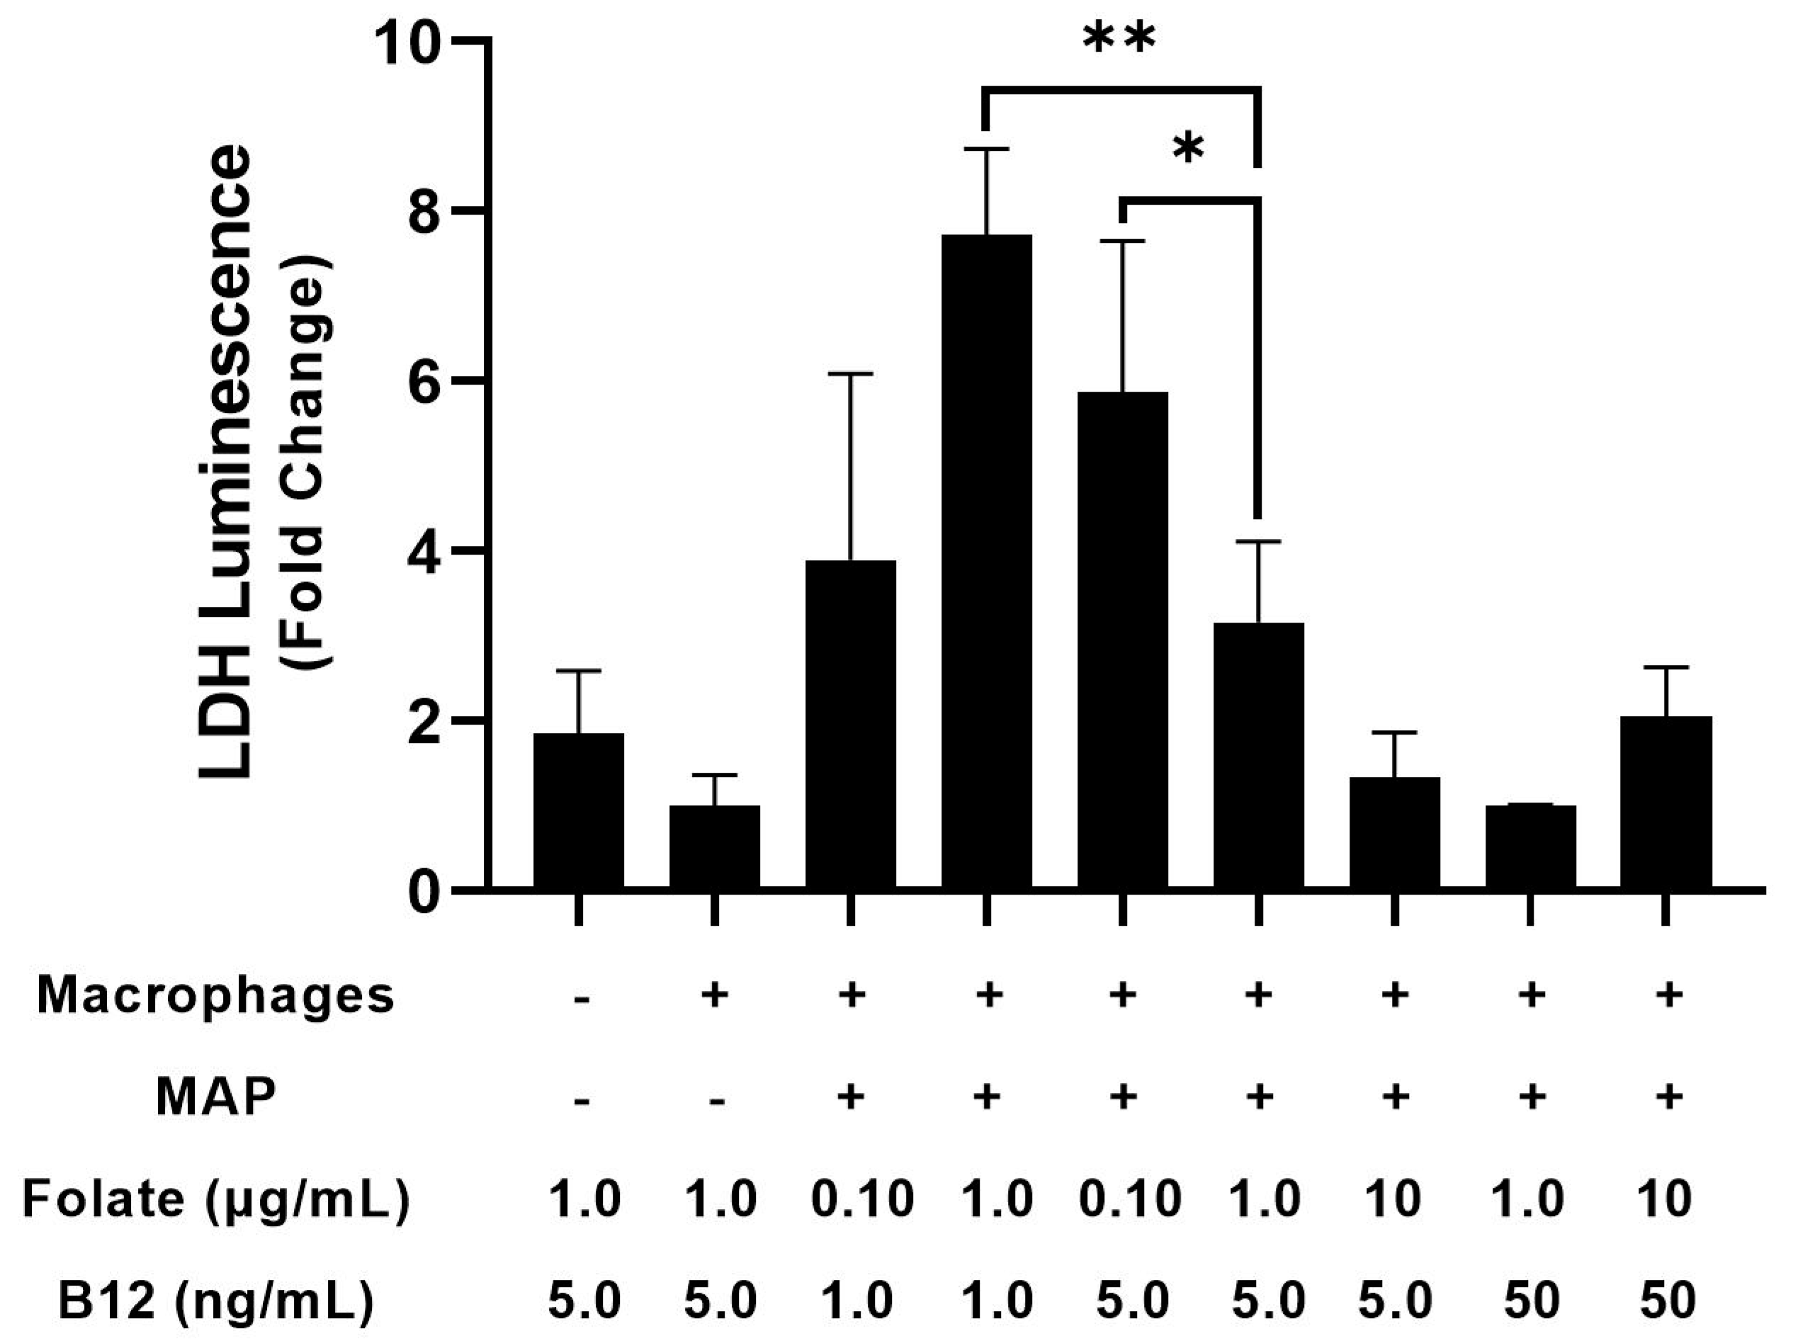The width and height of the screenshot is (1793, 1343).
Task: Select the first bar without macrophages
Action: coord(578,810)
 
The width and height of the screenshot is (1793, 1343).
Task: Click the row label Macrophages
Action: coord(215,995)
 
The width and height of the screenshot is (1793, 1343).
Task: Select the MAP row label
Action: coord(215,1098)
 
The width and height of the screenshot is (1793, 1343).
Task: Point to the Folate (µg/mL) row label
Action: coord(215,1199)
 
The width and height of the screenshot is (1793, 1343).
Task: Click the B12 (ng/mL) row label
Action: coord(215,1300)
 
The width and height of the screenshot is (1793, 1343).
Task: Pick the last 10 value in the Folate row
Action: coord(1667,1199)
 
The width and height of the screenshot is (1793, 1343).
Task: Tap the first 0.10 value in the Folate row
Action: coord(861,1199)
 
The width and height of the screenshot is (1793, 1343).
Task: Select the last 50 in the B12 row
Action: coord(1667,1300)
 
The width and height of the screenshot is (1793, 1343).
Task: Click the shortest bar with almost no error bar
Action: coord(1530,847)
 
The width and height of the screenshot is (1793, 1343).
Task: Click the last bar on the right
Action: coord(1667,803)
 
